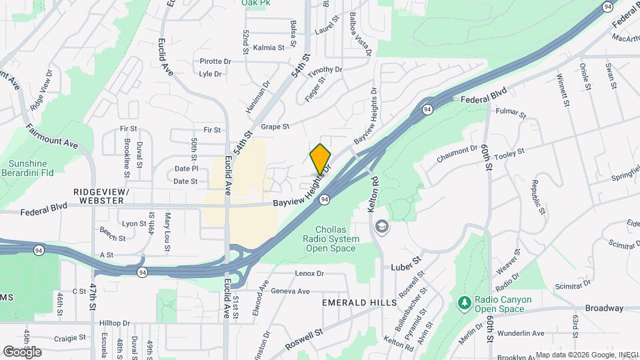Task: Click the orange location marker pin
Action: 320,159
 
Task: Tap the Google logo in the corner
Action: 22,351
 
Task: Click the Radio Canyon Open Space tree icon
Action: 464,304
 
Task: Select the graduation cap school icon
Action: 381,226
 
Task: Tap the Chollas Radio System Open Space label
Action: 331,239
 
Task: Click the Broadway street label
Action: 604,308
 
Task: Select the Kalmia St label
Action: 269,47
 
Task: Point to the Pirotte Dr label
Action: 215,61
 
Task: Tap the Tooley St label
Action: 509,153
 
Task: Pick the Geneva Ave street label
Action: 291,291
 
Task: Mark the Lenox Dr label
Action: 309,273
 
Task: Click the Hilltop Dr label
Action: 114,323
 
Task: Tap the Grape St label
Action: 275,126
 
